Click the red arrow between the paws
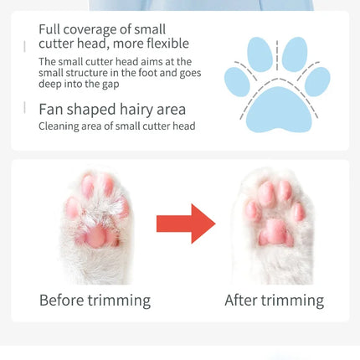[185, 223]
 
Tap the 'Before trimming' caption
[95, 300]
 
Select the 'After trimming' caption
[273, 300]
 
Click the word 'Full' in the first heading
[50, 29]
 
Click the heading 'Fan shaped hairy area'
[112, 109]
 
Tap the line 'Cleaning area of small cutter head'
[116, 126]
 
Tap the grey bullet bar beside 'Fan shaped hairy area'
[25, 107]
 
